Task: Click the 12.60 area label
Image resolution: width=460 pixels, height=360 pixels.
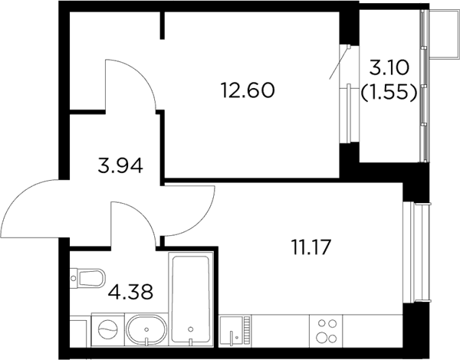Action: (248, 90)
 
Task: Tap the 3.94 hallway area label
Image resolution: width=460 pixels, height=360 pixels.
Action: (120, 165)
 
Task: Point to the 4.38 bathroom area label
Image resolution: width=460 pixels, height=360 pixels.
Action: (130, 292)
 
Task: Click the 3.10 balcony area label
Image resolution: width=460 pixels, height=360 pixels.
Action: (389, 69)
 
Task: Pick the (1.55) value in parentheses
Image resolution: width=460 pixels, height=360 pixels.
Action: (389, 93)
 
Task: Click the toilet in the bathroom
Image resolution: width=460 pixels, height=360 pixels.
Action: (87, 277)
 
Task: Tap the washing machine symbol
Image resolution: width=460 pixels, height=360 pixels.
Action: (107, 329)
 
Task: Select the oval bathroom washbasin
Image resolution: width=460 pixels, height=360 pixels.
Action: (146, 329)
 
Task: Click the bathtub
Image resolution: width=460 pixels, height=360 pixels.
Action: (191, 299)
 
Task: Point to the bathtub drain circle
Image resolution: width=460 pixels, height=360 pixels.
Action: (191, 329)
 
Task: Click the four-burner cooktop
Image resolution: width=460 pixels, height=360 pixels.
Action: (326, 331)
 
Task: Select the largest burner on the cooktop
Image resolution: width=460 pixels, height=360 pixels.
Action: (321, 338)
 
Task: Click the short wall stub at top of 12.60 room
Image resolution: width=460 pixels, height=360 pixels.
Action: (163, 25)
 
